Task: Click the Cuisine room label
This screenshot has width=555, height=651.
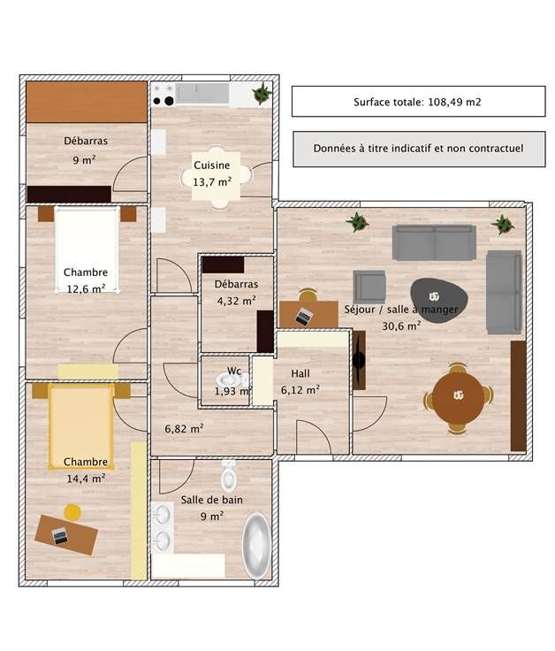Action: click(x=211, y=165)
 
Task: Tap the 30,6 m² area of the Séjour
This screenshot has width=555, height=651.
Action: click(x=401, y=325)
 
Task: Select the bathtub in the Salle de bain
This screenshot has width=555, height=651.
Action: click(x=256, y=546)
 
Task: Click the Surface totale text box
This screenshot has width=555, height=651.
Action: click(x=419, y=102)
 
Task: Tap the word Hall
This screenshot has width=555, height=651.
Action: click(x=300, y=373)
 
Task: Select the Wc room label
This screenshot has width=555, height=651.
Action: click(x=234, y=371)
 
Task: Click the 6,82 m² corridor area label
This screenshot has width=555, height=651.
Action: click(x=184, y=428)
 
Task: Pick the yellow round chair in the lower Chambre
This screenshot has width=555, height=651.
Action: click(x=72, y=512)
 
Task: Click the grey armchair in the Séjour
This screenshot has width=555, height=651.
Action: click(x=369, y=287)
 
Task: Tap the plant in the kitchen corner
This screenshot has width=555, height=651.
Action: click(x=262, y=94)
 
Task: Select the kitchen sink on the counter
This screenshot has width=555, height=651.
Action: click(x=202, y=93)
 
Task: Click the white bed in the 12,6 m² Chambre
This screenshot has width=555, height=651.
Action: click(x=87, y=250)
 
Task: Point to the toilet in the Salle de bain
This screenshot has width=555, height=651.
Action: click(x=229, y=475)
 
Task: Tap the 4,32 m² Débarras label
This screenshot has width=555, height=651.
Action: click(x=236, y=293)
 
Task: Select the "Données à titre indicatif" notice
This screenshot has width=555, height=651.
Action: click(x=419, y=149)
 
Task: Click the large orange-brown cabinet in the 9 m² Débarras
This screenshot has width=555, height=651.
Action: click(x=87, y=102)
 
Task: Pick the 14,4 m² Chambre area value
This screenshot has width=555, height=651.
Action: click(x=86, y=479)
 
